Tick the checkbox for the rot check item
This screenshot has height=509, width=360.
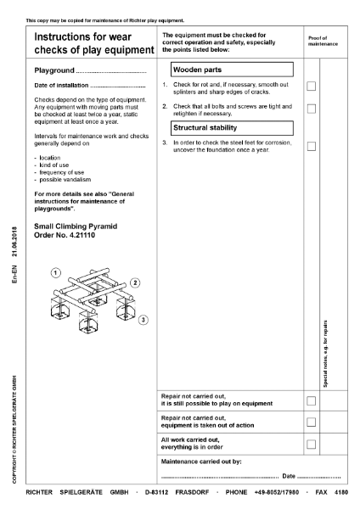coord(312,87)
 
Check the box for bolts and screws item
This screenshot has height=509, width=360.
coord(312,109)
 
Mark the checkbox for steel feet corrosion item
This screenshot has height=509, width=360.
coord(312,146)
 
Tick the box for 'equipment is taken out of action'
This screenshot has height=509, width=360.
coord(312,422)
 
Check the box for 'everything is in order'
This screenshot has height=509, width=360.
coord(312,444)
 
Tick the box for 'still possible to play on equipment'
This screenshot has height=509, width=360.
coord(312,400)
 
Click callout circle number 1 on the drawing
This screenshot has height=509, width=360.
coord(55,272)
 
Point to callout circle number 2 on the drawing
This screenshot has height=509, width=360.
coord(135,282)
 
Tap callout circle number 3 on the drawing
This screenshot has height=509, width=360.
coord(144,319)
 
